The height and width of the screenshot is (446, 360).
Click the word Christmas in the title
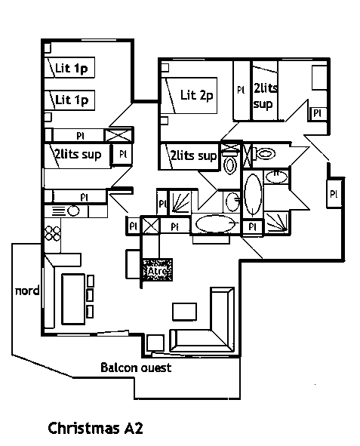click(84, 429)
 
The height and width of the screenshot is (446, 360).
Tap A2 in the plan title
click(134, 429)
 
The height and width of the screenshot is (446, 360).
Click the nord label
click(27, 291)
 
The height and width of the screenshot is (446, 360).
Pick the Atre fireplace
click(157, 270)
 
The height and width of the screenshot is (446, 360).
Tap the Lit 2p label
click(196, 95)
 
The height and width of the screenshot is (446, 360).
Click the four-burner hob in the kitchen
click(53, 233)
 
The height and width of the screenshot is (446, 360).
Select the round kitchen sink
click(73, 211)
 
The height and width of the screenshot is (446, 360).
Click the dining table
click(73, 299)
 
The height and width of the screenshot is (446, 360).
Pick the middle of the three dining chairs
click(90, 295)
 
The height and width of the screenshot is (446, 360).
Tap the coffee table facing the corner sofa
click(185, 312)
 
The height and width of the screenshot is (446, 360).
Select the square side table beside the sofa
click(155, 343)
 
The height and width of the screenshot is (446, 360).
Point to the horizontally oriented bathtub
click(215, 223)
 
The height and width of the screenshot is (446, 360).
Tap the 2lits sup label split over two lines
click(265, 96)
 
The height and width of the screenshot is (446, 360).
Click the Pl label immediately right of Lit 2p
click(241, 90)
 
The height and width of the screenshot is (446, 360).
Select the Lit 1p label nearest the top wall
click(72, 68)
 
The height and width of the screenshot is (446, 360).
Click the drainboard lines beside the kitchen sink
click(59, 211)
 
